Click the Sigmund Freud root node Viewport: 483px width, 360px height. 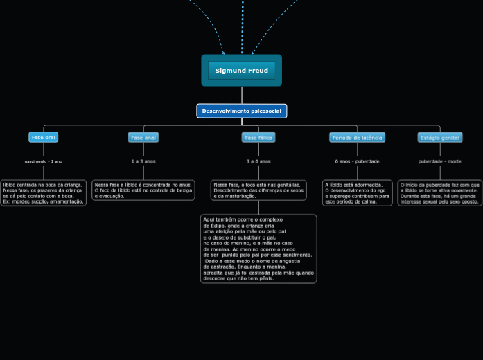[x=241, y=71]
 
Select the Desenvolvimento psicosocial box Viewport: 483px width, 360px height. [x=241, y=111]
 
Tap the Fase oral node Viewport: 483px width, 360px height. [x=44, y=137]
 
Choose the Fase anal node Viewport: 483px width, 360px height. [x=143, y=137]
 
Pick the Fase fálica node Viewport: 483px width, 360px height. [x=258, y=137]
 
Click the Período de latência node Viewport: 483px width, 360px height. [x=357, y=137]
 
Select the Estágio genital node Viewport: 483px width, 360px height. [x=440, y=137]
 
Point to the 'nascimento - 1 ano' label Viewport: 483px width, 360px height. [x=44, y=161]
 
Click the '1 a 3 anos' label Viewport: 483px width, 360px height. [x=143, y=161]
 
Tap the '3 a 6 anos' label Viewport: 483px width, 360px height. [x=258, y=161]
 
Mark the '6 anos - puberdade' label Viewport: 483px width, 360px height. [x=357, y=161]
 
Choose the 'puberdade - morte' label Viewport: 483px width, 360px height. [x=440, y=161]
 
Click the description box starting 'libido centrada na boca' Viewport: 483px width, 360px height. [x=43, y=193]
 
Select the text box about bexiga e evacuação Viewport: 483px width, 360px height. [x=143, y=190]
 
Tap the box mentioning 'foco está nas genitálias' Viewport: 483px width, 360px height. [x=258, y=190]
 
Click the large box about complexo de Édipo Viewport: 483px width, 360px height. [x=258, y=249]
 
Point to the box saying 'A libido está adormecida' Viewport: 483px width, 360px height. [x=357, y=193]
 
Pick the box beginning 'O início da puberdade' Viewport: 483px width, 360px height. [x=439, y=193]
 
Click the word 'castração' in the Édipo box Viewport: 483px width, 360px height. [x=218, y=267]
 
